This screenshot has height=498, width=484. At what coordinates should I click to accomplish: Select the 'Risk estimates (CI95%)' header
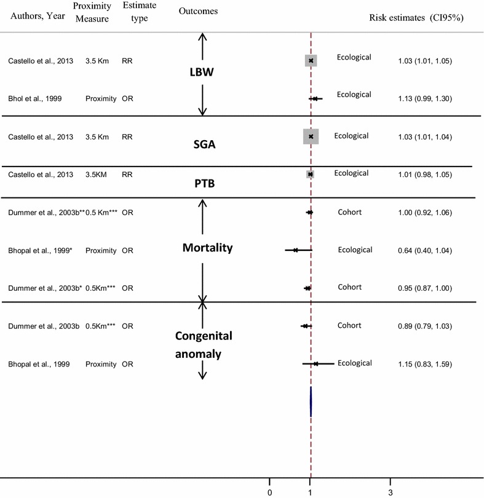416,18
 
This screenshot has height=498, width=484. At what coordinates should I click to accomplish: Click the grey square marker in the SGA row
311,136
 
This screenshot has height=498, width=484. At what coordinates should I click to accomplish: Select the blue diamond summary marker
311,402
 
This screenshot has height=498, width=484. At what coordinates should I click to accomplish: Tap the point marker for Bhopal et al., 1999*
296,250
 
